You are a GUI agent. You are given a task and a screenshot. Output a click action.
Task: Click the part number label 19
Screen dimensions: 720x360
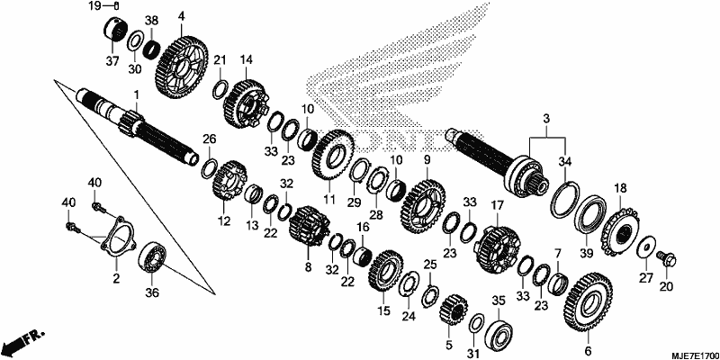pos(94,6)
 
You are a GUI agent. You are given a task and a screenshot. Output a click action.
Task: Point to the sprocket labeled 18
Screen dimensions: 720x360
pos(619,232)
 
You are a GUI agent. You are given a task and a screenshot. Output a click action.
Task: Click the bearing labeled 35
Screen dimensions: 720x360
pos(499,332)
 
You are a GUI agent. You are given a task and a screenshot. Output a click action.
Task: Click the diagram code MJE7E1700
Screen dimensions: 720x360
pos(693,355)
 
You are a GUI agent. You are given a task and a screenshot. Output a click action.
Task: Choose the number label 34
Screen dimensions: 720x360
pos(565,162)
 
